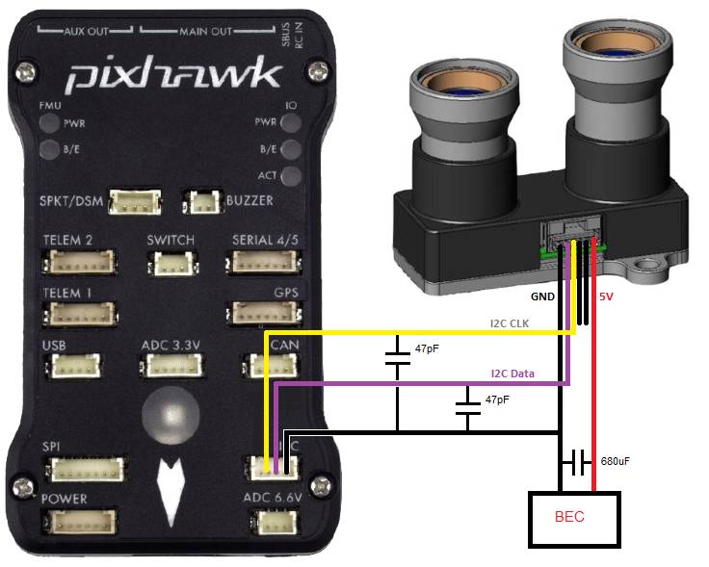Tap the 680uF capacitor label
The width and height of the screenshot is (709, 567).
pyautogui.click(x=615, y=462)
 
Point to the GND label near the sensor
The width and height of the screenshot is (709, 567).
pyautogui.click(x=542, y=296)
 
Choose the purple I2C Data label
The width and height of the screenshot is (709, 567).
pyautogui.click(x=512, y=374)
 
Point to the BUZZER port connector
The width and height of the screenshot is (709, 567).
pyautogui.click(x=204, y=202)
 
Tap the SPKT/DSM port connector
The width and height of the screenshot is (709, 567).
pyautogui.click(x=135, y=201)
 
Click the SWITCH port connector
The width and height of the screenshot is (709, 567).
pyautogui.click(x=171, y=263)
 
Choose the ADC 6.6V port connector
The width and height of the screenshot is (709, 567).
pyautogui.click(x=274, y=522)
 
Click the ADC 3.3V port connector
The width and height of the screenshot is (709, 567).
pyautogui.click(x=172, y=365)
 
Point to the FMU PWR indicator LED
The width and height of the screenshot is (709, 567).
pyautogui.click(x=47, y=124)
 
